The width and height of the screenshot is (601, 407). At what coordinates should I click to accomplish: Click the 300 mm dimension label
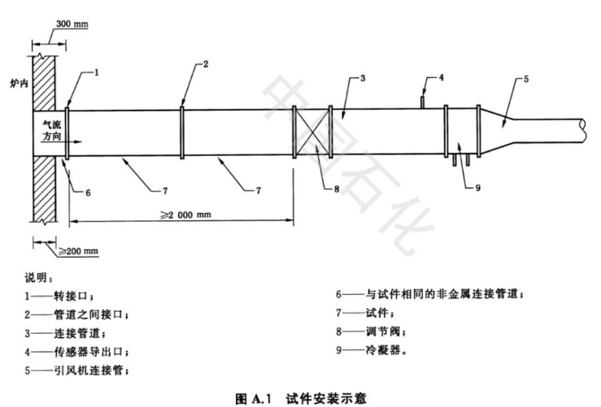(72, 24)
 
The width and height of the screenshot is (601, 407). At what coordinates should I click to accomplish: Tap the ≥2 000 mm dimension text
(186, 214)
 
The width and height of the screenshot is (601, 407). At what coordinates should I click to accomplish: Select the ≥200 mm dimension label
(79, 251)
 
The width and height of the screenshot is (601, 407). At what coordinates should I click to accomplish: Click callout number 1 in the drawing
(97, 72)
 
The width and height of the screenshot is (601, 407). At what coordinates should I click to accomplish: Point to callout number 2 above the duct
(206, 63)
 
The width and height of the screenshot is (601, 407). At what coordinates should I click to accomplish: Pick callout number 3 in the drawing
(363, 78)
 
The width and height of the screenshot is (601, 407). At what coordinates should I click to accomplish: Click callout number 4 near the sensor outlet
(441, 77)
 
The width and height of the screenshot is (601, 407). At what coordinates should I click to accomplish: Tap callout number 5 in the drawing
(526, 79)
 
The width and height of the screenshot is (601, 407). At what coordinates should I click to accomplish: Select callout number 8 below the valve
(337, 188)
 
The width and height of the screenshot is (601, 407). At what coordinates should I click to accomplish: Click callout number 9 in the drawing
(477, 188)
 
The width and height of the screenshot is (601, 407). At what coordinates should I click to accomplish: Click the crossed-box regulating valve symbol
(312, 132)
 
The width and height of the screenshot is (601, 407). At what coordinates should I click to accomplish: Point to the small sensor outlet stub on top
(422, 102)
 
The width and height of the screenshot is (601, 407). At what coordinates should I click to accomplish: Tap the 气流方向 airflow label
(52, 130)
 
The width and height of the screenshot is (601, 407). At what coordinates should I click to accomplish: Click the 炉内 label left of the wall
(20, 83)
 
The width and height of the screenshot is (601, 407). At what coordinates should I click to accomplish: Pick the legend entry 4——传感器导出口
(76, 352)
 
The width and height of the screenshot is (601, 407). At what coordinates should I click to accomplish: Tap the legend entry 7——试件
(365, 313)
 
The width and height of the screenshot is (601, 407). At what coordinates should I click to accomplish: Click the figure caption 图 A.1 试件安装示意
(301, 399)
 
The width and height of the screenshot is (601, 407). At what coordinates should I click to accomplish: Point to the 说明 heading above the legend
(38, 278)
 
